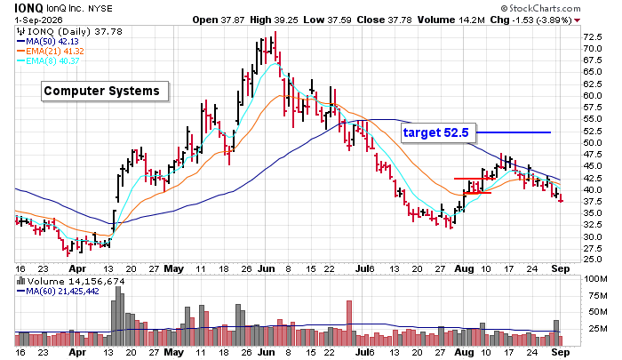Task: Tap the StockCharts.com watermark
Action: [540, 8]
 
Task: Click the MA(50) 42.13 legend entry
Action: [48, 41]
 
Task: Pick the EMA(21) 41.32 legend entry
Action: [50, 52]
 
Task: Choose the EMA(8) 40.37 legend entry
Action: [48, 61]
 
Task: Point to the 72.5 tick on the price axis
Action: [593, 37]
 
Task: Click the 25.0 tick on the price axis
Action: [593, 260]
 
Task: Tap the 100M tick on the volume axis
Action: [595, 279]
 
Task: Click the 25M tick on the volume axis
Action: [598, 329]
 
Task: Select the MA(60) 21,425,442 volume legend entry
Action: [58, 292]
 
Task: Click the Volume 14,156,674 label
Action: [71, 282]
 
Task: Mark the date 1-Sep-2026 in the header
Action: [38, 20]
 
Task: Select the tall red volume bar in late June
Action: [349, 323]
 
